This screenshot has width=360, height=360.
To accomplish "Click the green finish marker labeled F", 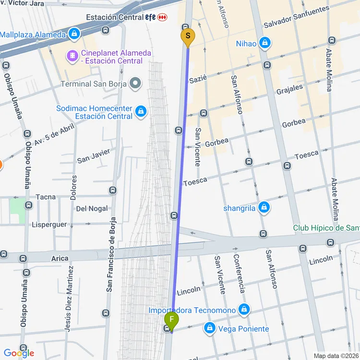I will click(171, 320).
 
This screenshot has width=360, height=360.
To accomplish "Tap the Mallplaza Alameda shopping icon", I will click(74, 34).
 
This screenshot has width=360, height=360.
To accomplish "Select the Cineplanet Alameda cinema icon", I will click(72, 57).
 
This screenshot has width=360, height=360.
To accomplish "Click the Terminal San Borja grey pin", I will click(136, 84).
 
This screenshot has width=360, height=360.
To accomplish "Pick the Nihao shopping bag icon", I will click(264, 44).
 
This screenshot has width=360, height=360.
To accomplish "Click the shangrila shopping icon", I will click(263, 208).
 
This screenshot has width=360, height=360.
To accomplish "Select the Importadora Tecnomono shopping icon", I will click(244, 310).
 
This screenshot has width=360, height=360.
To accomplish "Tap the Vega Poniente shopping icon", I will click(209, 328).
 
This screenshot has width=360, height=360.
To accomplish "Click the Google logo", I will click(19, 353).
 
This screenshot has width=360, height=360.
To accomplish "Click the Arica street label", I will click(60, 258).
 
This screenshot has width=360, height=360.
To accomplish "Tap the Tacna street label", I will click(46, 197).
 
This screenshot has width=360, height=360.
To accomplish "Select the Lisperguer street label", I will click(48, 224).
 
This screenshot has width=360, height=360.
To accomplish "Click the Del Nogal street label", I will click(92, 209).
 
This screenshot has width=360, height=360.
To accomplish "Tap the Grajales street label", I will click(289, 89).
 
